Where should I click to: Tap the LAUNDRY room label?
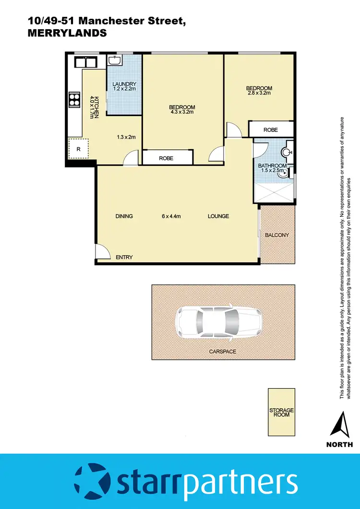[125, 84]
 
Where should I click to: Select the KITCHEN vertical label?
[96, 107]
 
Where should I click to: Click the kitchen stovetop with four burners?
[75, 99]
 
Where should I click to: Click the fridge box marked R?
[78, 149]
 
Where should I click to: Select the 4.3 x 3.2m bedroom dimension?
[182, 113]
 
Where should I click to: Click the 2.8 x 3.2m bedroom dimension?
[259, 93]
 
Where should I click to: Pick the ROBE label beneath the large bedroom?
[166, 158]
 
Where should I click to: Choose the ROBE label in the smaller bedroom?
[270, 130]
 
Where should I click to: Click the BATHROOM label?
[272, 166]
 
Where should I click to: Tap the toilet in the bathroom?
[287, 152]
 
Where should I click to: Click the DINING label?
[124, 216]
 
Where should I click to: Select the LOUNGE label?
[218, 216]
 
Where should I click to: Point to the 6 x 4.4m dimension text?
[171, 216]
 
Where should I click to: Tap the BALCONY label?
[277, 235]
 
